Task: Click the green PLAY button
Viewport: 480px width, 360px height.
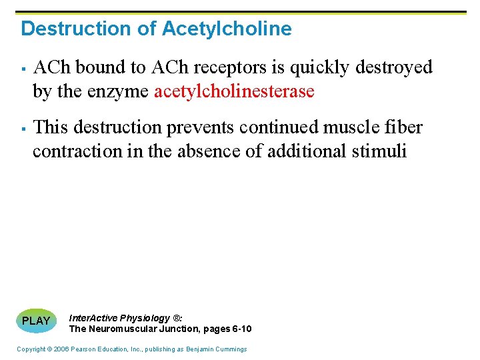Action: pos(36,320)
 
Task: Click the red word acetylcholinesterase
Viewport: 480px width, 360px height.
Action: pos(234,91)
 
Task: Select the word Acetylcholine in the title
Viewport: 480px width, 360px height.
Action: pos(227,29)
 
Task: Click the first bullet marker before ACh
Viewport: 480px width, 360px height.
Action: pos(22,68)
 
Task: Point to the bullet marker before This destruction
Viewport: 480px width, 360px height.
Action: pos(22,127)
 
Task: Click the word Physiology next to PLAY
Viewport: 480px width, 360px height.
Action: pos(145,318)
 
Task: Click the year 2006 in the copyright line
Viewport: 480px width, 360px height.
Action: pos(60,349)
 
